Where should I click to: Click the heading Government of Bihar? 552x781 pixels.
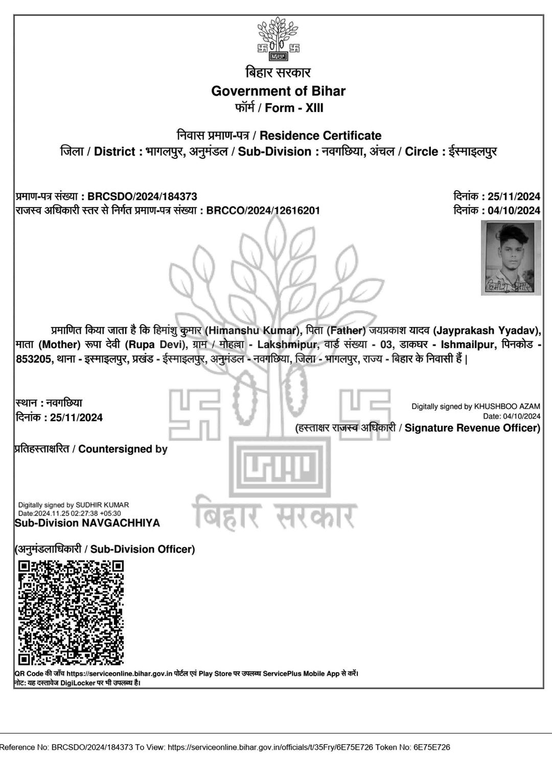[x=278, y=91]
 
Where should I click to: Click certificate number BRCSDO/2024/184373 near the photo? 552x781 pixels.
[x=142, y=196]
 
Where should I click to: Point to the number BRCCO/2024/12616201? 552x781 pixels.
[x=263, y=210]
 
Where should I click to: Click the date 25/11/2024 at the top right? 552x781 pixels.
[x=514, y=196]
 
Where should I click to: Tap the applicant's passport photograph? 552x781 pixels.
[x=511, y=257]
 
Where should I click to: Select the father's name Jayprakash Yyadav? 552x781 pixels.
[x=486, y=330]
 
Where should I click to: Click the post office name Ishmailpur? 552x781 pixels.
[x=467, y=344]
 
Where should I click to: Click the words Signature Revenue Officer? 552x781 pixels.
[x=472, y=428]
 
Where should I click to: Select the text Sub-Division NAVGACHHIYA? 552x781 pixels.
[x=87, y=523]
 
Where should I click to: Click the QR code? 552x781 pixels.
[x=71, y=613]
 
